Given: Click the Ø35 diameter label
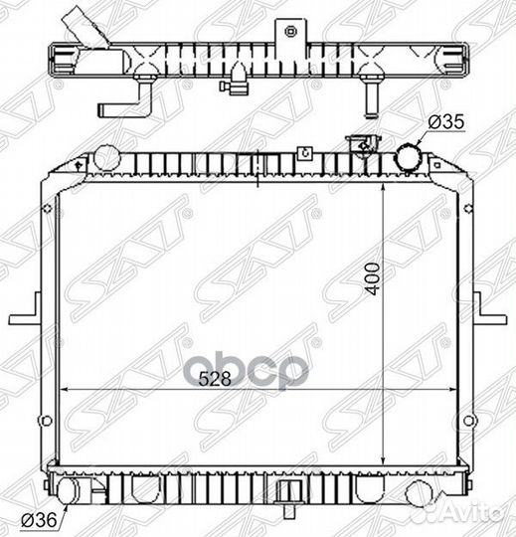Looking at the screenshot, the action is (446, 122).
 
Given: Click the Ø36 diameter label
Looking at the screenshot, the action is (39, 520).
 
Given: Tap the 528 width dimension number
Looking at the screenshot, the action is (215, 379).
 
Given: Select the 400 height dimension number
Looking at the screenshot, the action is (373, 278).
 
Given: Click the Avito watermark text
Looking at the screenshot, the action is (475, 514).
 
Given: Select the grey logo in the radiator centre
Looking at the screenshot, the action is (247, 371).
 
